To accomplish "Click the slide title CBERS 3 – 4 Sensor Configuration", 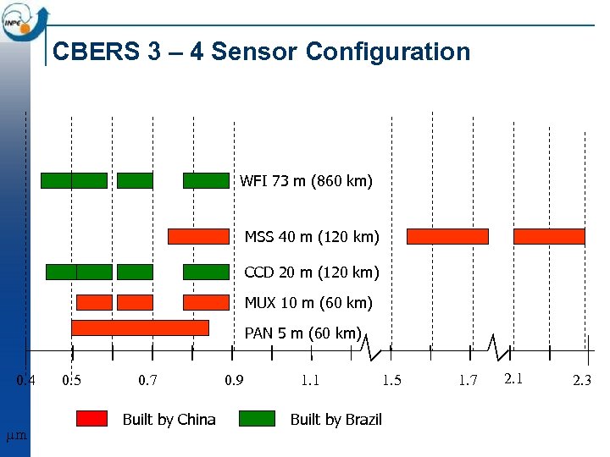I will [x=261, y=52].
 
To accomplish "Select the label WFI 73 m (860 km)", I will [x=306, y=181].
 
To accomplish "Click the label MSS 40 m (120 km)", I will [x=312, y=236].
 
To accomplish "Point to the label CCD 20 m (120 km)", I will [x=312, y=273].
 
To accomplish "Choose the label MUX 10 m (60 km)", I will [x=308, y=302].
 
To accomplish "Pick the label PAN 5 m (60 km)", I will [x=303, y=333].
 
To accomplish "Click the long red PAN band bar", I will [x=140, y=328].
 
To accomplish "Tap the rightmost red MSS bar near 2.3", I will [x=549, y=236].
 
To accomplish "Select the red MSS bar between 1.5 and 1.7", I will [x=447, y=236].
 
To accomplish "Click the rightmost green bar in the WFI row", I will [x=206, y=180].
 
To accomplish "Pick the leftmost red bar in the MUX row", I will [x=94, y=302].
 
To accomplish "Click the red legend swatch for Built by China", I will [x=91, y=418].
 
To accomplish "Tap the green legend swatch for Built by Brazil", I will [x=258, y=418].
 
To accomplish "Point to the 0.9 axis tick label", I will [x=233, y=381].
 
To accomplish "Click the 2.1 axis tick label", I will [x=513, y=378].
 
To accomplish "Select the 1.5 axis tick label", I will [x=391, y=381].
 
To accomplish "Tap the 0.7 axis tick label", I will [x=147, y=381].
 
